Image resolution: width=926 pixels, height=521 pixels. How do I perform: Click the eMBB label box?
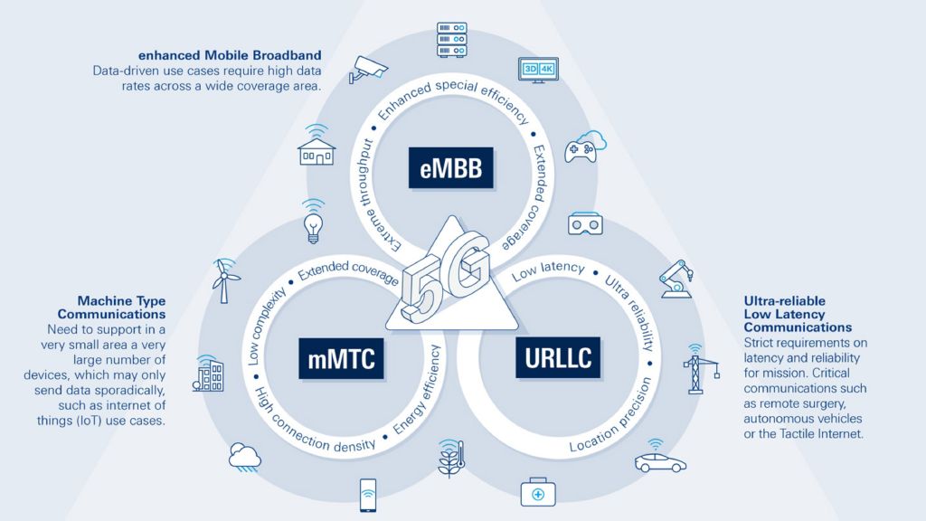point(451,166)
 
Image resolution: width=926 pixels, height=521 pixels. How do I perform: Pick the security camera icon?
point(369,68)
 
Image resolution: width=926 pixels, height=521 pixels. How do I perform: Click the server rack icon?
point(451,37)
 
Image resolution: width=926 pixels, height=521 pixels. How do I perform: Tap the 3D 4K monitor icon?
point(536,70)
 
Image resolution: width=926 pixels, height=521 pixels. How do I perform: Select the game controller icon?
point(584,147)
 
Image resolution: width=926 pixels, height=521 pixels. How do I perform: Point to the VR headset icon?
point(585,223)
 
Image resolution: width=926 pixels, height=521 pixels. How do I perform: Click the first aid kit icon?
point(538,493)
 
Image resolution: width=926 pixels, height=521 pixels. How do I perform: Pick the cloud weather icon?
point(245,455)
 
